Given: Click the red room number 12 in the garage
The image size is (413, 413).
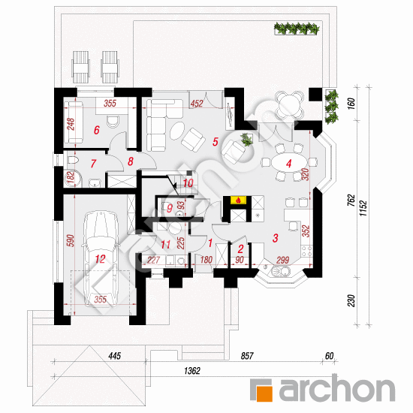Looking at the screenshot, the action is point(100,259).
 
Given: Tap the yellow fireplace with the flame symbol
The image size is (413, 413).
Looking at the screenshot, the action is point(239,200).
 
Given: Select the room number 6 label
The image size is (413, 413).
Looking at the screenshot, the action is point(97,130).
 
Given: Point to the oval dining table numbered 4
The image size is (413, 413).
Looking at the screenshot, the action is point(289,163).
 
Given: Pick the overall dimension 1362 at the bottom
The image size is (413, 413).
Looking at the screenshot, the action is point(192,371).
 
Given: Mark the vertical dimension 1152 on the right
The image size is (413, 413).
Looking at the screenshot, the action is point(363,208).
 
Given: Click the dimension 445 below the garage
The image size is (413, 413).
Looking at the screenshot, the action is point(115,356).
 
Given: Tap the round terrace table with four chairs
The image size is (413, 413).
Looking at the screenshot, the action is point(289,105).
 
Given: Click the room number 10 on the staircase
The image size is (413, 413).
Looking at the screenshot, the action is point(188,183).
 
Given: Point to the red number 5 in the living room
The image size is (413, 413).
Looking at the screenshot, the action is point(216,142).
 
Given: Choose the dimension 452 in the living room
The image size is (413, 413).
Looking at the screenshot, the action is point(197,104).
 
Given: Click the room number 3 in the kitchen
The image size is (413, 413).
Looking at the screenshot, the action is point(276,238).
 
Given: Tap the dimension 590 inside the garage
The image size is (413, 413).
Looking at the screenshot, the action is point(71,240).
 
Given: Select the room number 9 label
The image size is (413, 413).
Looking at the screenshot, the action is point(170,208).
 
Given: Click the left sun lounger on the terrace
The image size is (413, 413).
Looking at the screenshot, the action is point(80,67).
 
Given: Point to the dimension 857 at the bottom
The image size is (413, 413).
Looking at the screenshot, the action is point(247,356).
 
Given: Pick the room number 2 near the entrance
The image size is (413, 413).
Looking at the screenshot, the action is point(240,249).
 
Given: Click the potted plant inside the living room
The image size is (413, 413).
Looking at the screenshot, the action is point(247,139).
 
